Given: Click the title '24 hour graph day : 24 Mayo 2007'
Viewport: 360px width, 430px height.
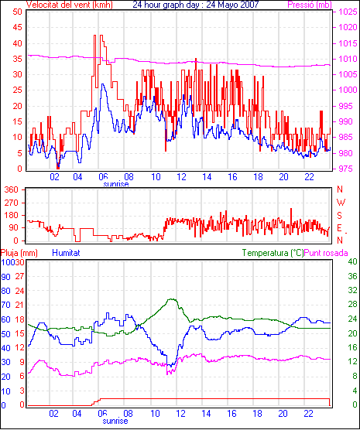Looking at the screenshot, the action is pyautogui.click(x=196, y=5).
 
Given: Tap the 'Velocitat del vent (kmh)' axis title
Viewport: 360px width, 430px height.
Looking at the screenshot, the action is pyautogui.click(x=70, y=5).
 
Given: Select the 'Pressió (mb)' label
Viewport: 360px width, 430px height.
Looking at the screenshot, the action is pyautogui.click(x=310, y=5).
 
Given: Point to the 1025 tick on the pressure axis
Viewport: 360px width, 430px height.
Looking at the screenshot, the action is pyautogui.click(x=348, y=12).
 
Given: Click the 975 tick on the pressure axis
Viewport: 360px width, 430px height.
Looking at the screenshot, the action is pyautogui.click(x=348, y=169).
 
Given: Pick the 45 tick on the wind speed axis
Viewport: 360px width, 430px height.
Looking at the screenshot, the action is pyautogui.click(x=18, y=27).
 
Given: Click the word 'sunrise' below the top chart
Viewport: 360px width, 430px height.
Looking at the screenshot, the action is pyautogui.click(x=116, y=184).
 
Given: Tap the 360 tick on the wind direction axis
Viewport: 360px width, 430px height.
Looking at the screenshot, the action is pyautogui.click(x=12, y=189).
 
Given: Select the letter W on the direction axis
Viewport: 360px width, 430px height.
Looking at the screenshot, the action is pyautogui.click(x=341, y=203).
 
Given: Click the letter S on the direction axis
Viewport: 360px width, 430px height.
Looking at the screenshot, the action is pyautogui.click(x=340, y=216).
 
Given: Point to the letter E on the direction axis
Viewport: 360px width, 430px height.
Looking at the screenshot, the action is pyautogui.click(x=340, y=228).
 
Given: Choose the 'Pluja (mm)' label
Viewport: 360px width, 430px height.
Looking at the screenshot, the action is pyautogui.click(x=19, y=253).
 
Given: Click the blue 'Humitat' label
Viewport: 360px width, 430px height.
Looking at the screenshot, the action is pyautogui.click(x=66, y=253).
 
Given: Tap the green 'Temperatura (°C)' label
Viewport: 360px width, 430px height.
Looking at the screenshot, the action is pyautogui.click(x=273, y=253).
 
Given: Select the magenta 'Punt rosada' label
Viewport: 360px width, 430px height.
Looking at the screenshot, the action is pyautogui.click(x=326, y=253).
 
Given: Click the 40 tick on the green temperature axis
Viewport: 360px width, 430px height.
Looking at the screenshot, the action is pyautogui.click(x=352, y=261).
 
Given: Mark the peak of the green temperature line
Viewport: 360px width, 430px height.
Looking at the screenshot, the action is pyautogui.click(x=172, y=299).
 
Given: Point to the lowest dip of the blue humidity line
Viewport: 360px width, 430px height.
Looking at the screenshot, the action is pyautogui.click(x=171, y=366).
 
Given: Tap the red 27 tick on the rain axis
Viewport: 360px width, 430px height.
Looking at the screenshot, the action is pyautogui.click(x=19, y=276).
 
